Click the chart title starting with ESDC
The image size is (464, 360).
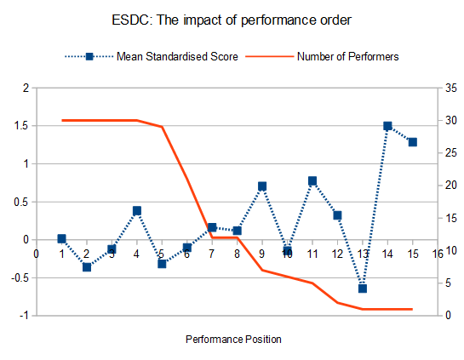(232, 20)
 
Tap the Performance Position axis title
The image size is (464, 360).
(233, 340)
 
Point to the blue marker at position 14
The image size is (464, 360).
(387, 126)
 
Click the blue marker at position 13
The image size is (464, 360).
(363, 289)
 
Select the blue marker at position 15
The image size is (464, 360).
(413, 142)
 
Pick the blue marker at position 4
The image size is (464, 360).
(137, 210)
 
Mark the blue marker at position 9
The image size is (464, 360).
(262, 186)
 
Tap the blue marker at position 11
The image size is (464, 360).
(312, 180)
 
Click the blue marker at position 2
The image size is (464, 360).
(87, 267)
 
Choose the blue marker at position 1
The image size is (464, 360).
(61, 238)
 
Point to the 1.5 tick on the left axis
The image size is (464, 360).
(21, 126)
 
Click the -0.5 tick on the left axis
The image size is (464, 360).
(20, 278)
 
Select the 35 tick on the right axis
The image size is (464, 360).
(450, 89)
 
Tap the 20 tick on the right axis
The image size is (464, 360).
(450, 186)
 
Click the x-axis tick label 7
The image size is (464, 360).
(211, 254)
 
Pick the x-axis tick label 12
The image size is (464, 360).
(337, 254)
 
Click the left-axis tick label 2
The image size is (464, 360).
(26, 89)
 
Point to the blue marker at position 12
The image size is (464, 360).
(338, 215)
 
